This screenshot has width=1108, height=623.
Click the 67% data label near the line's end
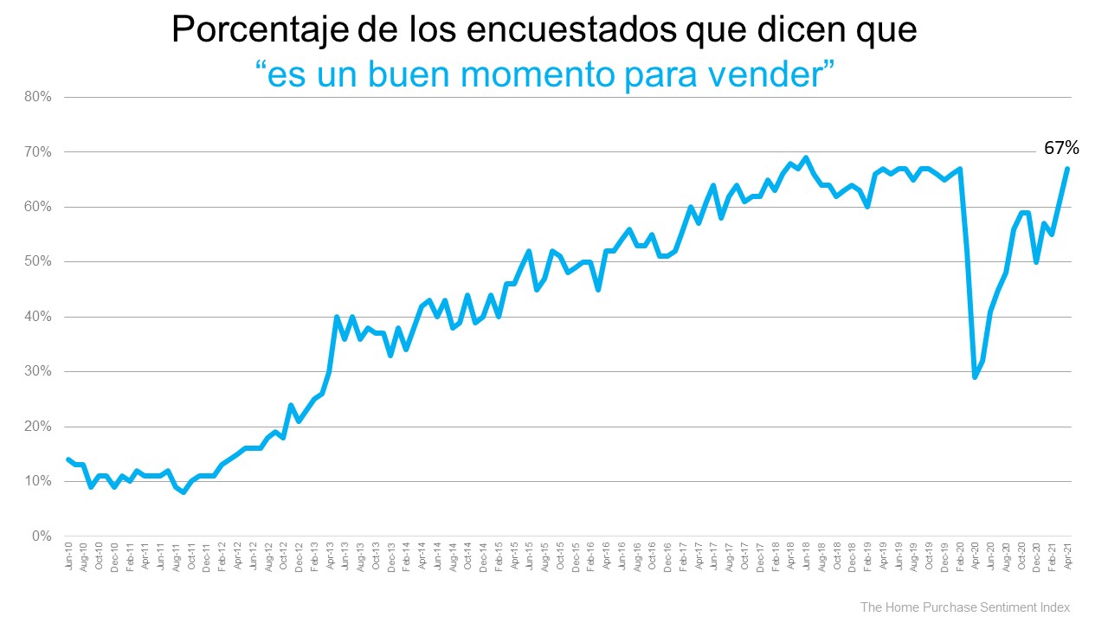coord(1060,148)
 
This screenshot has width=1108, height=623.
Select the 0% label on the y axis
coord(42,536)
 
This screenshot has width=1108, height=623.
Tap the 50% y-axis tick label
coord(39,262)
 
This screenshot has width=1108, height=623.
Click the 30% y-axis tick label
coord(39,372)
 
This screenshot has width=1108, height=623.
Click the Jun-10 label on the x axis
coord(69,556)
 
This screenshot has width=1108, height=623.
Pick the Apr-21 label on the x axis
coord(1066,556)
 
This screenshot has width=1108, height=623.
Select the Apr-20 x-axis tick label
coord(975,556)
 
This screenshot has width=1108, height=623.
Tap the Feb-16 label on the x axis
coord(591,556)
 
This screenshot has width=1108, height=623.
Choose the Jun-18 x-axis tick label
coord(806,556)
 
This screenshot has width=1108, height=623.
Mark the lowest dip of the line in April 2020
coord(976,377)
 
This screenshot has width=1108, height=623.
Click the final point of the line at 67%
coord(1067,169)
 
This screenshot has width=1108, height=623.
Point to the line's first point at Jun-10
coord(69,459)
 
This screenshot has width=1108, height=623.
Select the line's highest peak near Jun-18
coord(806,157)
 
